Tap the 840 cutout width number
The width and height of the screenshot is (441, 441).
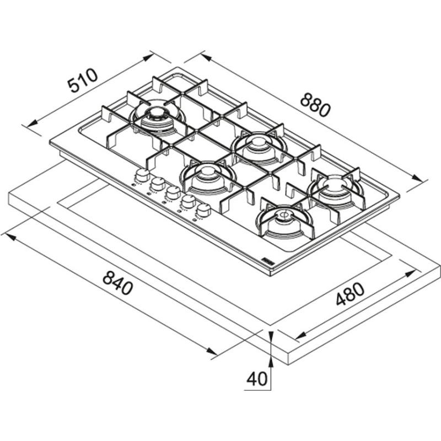click(117, 283)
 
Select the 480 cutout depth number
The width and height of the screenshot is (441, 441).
click(350, 294)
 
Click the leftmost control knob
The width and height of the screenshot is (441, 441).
click(143, 175)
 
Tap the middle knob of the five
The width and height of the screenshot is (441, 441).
click(173, 193)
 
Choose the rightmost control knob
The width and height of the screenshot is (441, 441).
click(203, 211)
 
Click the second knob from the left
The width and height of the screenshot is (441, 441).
click(158, 184)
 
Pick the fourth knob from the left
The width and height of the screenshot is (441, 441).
click(189, 202)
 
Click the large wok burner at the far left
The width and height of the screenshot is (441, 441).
click(157, 118)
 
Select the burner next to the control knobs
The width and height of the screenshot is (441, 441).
click(208, 177)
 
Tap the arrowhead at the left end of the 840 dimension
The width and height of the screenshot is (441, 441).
click(10, 238)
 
